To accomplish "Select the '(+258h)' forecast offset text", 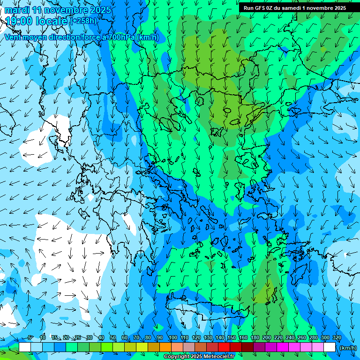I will (x=83, y=21).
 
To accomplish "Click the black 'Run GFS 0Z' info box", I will (x=294, y=8).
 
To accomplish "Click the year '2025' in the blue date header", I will (x=101, y=10).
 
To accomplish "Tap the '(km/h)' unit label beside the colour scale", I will (x=347, y=348).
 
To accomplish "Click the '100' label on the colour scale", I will (x=172, y=338).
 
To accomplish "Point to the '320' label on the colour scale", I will (x=337, y=338).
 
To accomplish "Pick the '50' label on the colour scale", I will (x=113, y=338).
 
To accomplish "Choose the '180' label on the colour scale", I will (x=255, y=338).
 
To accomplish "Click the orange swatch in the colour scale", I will (x=165, y=347).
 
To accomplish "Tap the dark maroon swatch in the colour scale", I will (x=247, y=347).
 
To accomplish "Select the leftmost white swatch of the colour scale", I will (x=25, y=347).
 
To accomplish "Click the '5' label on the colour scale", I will (x=30, y=338).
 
